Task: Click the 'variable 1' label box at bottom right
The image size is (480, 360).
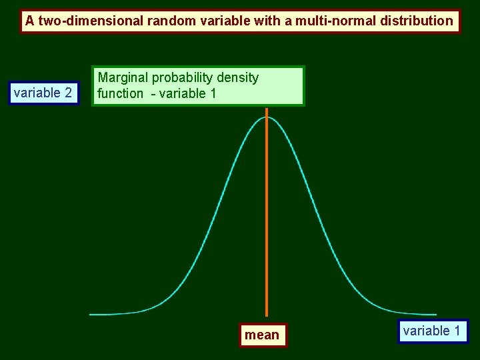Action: point(432,331)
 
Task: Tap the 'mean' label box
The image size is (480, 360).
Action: point(262,335)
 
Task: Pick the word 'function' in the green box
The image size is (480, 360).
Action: point(120,94)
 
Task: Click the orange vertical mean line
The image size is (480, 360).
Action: point(267,213)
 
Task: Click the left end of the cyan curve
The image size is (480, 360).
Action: point(91,314)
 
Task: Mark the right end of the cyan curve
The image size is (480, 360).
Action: point(436,314)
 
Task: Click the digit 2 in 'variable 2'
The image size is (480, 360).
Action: point(68,93)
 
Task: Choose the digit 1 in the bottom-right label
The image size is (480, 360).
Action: point(457,331)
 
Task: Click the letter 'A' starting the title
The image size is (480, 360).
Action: point(30,21)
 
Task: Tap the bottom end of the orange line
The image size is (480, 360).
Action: point(267,315)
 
